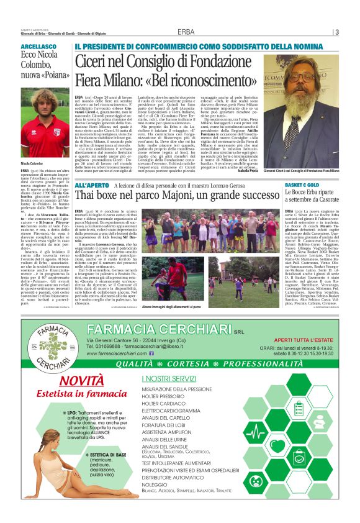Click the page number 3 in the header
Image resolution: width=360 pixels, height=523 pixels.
(x=336, y=32)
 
